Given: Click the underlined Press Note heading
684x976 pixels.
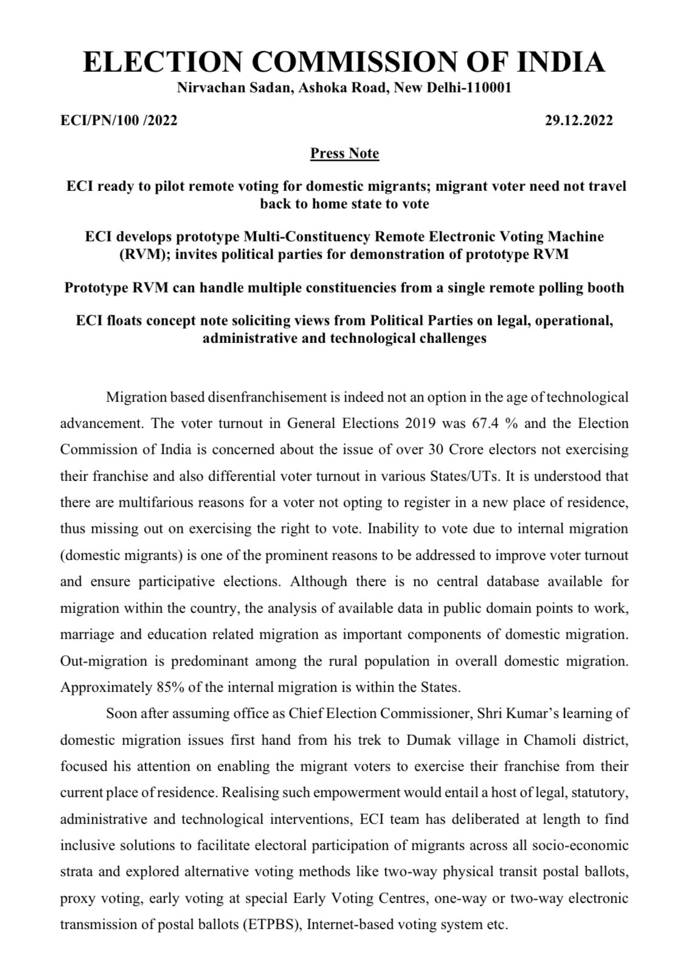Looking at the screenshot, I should point(344,153).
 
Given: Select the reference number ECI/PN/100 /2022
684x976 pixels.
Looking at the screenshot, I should point(119,120).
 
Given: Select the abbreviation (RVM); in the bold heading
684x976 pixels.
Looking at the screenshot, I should point(140,254).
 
